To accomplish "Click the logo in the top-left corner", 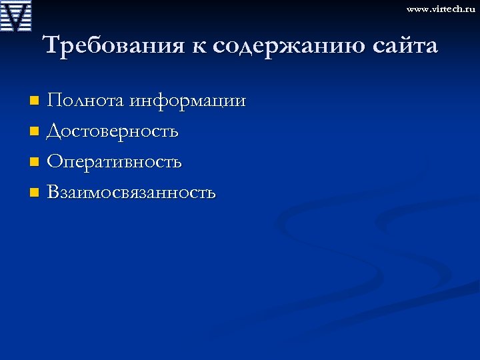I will click(x=16, y=16).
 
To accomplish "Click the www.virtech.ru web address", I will click(x=441, y=9).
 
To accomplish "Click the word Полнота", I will click(x=86, y=101).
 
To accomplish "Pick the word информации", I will click(x=188, y=101).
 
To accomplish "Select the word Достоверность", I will click(x=113, y=131).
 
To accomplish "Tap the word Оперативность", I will click(x=115, y=162).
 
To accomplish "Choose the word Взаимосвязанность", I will click(x=131, y=193).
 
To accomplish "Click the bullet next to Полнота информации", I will click(x=35, y=102).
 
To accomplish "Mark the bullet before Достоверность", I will click(x=35, y=132).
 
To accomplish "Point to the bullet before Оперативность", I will click(x=35, y=163).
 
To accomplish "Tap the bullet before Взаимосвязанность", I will click(x=35, y=193).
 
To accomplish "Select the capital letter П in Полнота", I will click(x=55, y=101).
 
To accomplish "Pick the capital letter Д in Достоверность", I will click(x=54, y=131).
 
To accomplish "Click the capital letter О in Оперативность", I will click(x=55, y=162).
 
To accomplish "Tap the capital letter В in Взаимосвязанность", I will click(x=53, y=193).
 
